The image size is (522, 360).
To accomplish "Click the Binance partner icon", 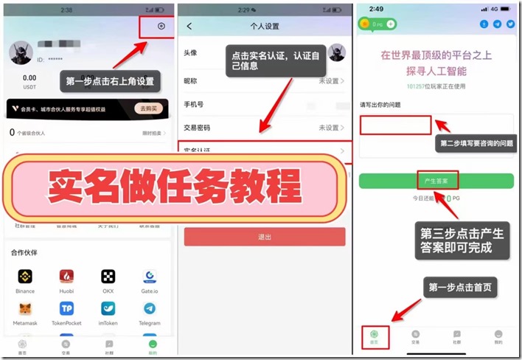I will [x=25, y=277].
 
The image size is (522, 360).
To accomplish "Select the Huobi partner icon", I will [x=66, y=277].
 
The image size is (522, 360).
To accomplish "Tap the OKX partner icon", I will [x=108, y=277].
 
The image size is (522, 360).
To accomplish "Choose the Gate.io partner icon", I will [x=150, y=277].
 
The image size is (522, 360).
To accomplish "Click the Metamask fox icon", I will [x=25, y=309].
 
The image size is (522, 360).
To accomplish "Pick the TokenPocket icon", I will [x=66, y=309].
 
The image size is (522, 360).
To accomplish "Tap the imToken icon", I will [x=108, y=309].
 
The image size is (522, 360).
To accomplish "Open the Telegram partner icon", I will [x=150, y=309].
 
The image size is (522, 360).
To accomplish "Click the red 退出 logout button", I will [x=265, y=237].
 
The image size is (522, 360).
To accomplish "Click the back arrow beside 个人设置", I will [x=189, y=27].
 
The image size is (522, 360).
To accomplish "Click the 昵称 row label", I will [x=190, y=80].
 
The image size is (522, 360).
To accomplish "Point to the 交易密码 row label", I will [x=195, y=128].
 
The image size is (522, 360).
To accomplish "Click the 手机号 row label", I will [x=192, y=104].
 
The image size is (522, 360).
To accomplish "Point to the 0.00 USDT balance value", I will [x=29, y=78].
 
